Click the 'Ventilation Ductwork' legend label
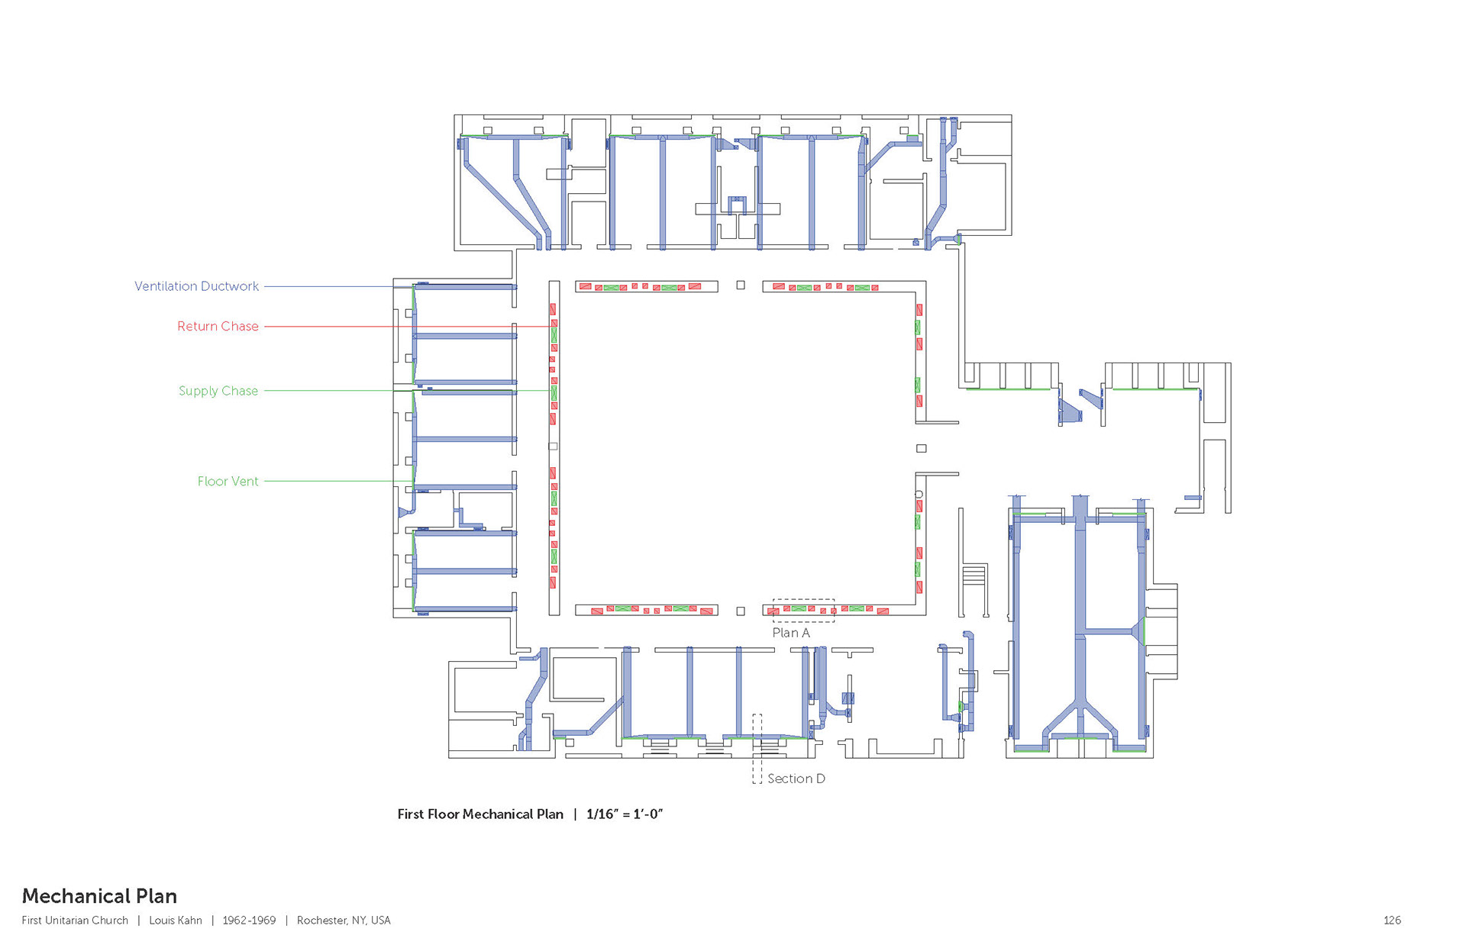[x=196, y=286]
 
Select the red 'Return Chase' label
[x=218, y=326]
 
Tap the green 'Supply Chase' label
[x=218, y=391]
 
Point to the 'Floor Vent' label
[x=228, y=481]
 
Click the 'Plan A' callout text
[x=791, y=633]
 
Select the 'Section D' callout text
[x=796, y=779]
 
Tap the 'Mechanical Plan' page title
[x=99, y=896]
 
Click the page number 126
[x=1392, y=921]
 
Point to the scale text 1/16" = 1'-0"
[x=625, y=814]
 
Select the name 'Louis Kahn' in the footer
[x=176, y=921]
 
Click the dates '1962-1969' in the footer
[x=249, y=921]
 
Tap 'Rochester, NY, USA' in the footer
[x=344, y=921]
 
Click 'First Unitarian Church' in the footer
[x=75, y=921]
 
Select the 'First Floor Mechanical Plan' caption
[x=480, y=814]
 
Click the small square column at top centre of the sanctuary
[x=741, y=285]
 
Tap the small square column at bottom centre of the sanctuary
[x=741, y=611]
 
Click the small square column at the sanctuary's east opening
[x=922, y=449]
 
